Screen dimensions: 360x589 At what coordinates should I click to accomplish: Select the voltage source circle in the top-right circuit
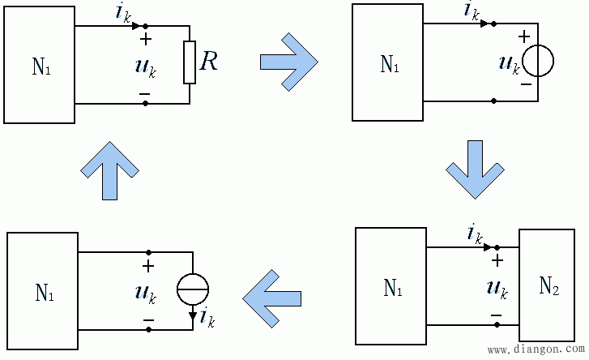pos(539,61)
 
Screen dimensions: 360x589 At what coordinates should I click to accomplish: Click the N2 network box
pos(548,285)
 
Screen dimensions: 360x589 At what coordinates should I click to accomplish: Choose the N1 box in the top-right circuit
pos(387,63)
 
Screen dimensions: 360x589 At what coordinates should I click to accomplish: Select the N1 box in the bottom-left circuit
pos(43,290)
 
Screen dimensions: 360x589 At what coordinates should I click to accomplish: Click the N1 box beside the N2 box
pos(391,287)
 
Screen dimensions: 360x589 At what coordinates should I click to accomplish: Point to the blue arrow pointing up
pos(109,169)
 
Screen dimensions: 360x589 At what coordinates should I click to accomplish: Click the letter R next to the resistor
pos(209,62)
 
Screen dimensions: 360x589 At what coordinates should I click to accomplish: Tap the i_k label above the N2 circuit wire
pos(475,234)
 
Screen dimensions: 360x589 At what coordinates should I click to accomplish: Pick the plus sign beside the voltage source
pos(523,36)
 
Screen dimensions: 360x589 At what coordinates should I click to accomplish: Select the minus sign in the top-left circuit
pos(145,94)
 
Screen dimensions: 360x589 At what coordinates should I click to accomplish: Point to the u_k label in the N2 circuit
pos(496,288)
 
